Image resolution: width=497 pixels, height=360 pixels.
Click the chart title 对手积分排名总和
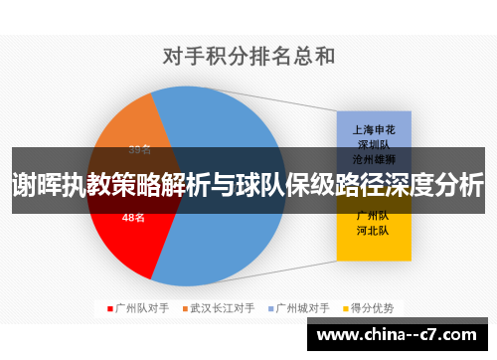248,56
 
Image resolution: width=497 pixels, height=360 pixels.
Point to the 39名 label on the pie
139,149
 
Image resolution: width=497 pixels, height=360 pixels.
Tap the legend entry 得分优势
377,308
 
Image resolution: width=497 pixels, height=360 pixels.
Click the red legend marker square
109,308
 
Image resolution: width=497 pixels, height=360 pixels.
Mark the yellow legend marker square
350,308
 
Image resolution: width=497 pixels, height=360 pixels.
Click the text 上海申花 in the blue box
374,128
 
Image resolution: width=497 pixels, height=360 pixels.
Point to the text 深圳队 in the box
374,143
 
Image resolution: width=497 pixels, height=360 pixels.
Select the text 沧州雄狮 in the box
374,158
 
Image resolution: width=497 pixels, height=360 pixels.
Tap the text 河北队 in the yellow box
374,229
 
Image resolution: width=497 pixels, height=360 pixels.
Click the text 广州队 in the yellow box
374,214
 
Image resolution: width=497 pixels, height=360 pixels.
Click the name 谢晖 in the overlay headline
33,185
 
